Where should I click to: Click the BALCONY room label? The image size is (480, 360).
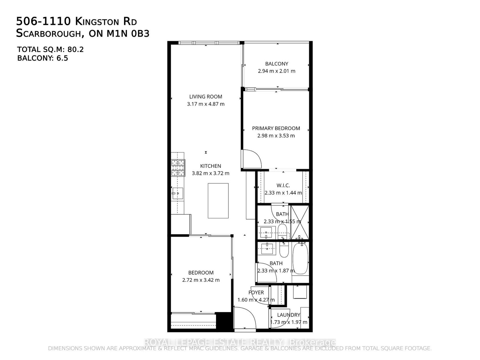[276, 64]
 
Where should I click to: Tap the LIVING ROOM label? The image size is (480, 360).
[205, 97]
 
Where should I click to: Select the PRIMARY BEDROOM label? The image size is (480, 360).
[276, 128]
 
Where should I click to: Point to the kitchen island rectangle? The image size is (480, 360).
[218, 201]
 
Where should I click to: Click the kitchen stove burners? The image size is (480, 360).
[178, 168]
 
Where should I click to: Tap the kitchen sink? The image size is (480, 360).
[177, 193]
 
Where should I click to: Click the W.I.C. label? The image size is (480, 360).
[283, 186]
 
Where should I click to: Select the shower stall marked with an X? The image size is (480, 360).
[300, 222]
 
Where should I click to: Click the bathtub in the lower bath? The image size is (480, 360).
[301, 259]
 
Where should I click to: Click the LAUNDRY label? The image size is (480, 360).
[289, 315]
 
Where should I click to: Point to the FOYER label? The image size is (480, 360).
[256, 292]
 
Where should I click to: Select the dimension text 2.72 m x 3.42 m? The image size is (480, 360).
[201, 280]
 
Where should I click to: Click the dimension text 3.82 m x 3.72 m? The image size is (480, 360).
[210, 173]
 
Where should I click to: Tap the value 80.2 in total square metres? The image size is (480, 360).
[75, 50]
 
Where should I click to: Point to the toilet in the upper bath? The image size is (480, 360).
[282, 231]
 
